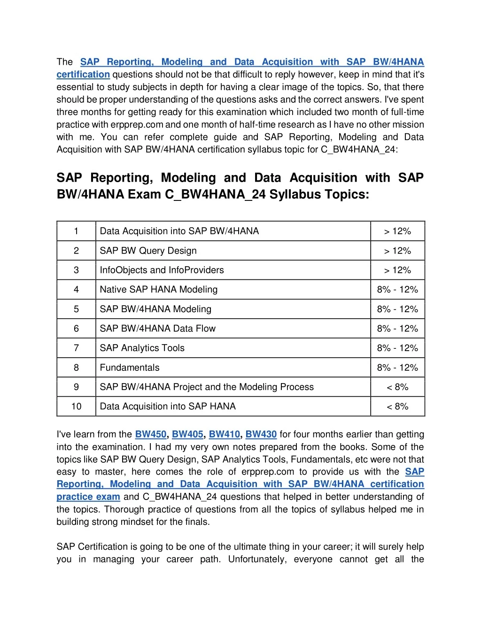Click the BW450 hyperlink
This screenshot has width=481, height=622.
[x=150, y=434]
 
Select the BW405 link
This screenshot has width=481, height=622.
[x=187, y=434]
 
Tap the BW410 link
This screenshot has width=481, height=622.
[x=224, y=434]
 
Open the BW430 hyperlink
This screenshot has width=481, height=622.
[x=261, y=434]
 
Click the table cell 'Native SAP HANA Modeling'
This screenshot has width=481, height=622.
[x=159, y=290]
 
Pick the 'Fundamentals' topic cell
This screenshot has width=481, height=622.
[x=130, y=368]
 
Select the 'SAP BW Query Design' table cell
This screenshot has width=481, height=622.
[x=148, y=251]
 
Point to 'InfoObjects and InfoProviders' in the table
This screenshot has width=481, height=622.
[x=162, y=270]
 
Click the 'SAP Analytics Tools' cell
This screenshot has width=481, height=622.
[x=142, y=348]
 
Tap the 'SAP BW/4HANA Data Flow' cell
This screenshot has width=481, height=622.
[x=157, y=329]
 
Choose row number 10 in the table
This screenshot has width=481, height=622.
[x=76, y=407]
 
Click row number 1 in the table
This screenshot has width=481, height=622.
[x=76, y=231]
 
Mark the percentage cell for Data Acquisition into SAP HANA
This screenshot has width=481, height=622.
[x=397, y=407]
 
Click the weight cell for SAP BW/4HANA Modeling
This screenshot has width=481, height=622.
[x=397, y=309]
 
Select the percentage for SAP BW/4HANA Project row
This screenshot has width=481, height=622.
[x=397, y=387]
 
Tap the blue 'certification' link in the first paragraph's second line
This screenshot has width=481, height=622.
[x=83, y=75]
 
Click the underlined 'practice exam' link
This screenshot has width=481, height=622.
[x=88, y=497]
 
